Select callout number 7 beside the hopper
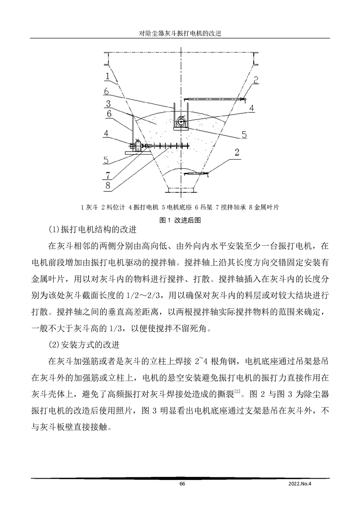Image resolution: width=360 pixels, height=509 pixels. click(107, 175)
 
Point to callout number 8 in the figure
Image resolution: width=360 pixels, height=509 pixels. click(107, 185)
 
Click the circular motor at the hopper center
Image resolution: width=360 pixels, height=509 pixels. click(181, 122)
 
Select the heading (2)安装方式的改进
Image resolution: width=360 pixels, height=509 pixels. click(84, 345)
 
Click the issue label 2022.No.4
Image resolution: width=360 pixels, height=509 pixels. click(302, 484)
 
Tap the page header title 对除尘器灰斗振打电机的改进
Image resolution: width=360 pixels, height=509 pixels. click(180, 34)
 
